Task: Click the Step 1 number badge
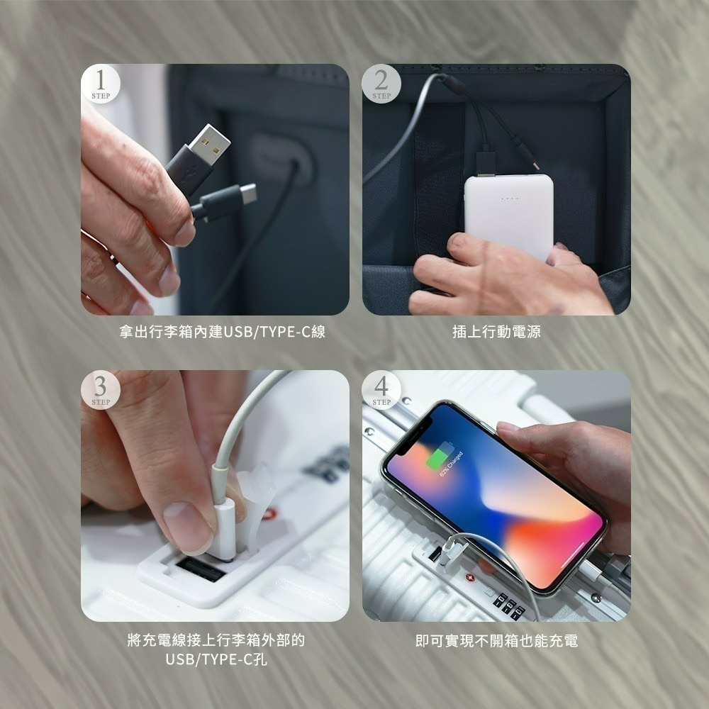[x=100, y=84]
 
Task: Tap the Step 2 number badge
[x=381, y=84]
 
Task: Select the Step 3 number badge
[x=100, y=390]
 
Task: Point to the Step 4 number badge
[x=381, y=390]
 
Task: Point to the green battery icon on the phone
[x=441, y=455]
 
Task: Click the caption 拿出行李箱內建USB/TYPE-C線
[x=222, y=331]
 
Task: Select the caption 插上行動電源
[x=496, y=331]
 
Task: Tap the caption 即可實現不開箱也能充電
[x=496, y=641]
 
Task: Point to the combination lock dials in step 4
[x=510, y=603]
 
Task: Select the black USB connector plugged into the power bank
[x=486, y=162]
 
